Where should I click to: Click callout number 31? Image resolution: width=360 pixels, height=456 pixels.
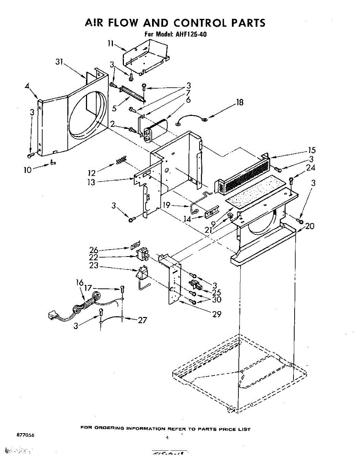[59, 63]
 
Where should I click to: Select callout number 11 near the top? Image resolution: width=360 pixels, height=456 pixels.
[111, 44]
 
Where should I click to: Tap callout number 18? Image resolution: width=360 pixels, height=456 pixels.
[239, 102]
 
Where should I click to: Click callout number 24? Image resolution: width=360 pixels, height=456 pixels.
[310, 168]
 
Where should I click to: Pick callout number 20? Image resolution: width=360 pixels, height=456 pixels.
[310, 226]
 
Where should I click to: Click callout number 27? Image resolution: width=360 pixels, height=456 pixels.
[142, 320]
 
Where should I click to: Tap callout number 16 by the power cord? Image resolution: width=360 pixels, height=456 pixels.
[79, 282]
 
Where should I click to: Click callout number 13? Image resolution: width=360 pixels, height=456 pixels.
[91, 182]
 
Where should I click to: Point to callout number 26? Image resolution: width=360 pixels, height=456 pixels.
[94, 250]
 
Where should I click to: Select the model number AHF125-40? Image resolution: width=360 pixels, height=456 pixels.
[191, 34]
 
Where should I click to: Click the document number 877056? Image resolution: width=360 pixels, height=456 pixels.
[25, 435]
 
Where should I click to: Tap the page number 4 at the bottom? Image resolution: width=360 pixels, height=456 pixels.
[168, 438]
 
